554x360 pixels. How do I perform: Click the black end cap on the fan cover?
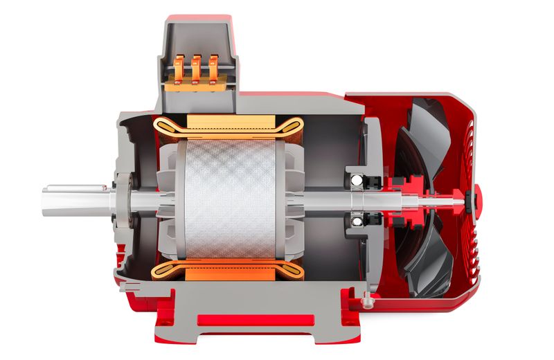click(476, 201)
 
